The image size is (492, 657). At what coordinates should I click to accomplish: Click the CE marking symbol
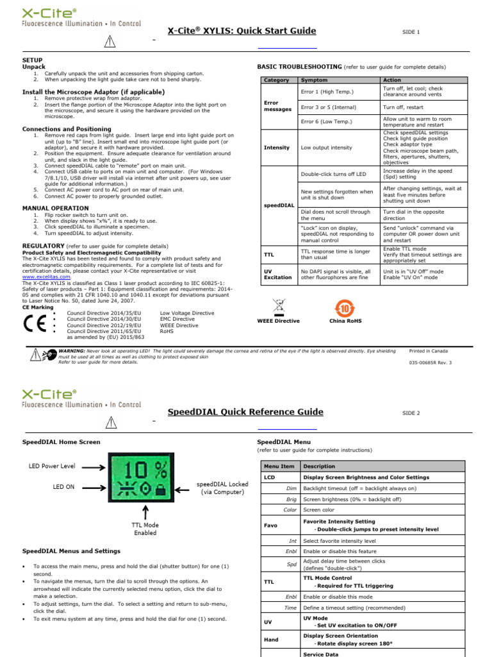[35, 321]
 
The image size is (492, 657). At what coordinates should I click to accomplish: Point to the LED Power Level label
[51, 465]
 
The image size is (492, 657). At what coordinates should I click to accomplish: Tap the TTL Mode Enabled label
[145, 528]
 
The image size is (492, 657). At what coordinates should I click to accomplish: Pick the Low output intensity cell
[326, 148]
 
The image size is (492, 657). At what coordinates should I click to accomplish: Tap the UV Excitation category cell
[277, 275]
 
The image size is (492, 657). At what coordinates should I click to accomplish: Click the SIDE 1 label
[411, 31]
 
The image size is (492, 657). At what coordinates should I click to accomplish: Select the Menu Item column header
[279, 466]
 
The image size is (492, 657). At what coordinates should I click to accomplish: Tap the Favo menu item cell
[270, 525]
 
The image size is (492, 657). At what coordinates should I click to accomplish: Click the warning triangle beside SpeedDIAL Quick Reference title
[110, 421]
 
